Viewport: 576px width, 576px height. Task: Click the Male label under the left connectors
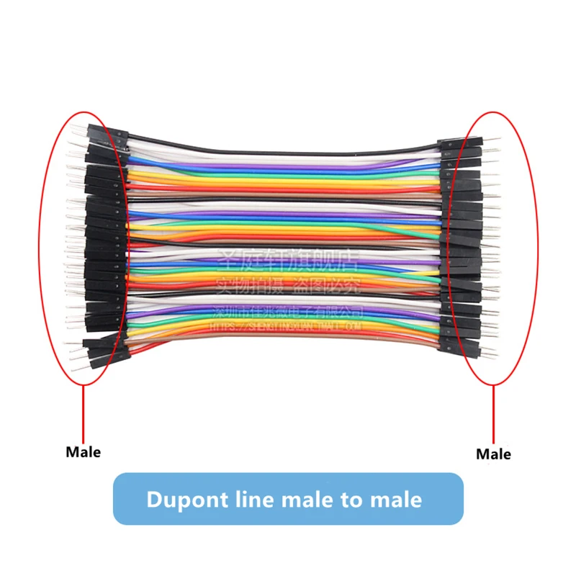84,452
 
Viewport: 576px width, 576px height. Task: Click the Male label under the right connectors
493,454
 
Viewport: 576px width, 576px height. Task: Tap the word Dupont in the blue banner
188,499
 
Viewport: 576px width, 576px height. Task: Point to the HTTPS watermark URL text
288,327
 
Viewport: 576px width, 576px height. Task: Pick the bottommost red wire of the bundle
288,344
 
